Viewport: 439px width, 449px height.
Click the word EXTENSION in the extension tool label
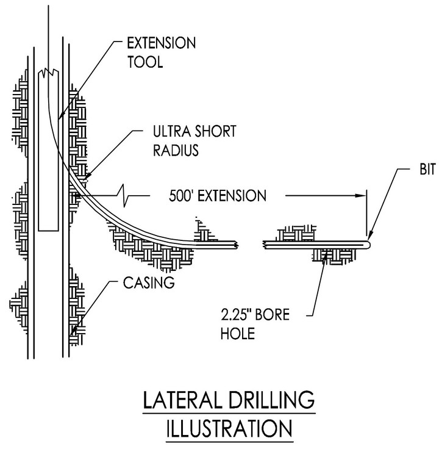click(162, 43)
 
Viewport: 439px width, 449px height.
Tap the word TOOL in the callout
click(145, 62)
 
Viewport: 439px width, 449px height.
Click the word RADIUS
click(176, 150)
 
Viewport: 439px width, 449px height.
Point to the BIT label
click(427, 169)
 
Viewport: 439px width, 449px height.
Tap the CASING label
click(149, 282)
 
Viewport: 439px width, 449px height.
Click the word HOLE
click(238, 334)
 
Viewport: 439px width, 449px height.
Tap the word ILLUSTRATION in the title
click(229, 428)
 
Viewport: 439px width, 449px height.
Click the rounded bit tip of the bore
click(368, 245)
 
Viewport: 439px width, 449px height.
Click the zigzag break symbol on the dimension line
click(123, 196)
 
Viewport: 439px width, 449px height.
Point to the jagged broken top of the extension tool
click(48, 73)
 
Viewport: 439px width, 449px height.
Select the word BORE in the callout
click(272, 315)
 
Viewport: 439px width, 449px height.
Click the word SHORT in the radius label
click(215, 131)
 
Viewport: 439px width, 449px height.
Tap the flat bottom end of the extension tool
click(48, 231)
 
